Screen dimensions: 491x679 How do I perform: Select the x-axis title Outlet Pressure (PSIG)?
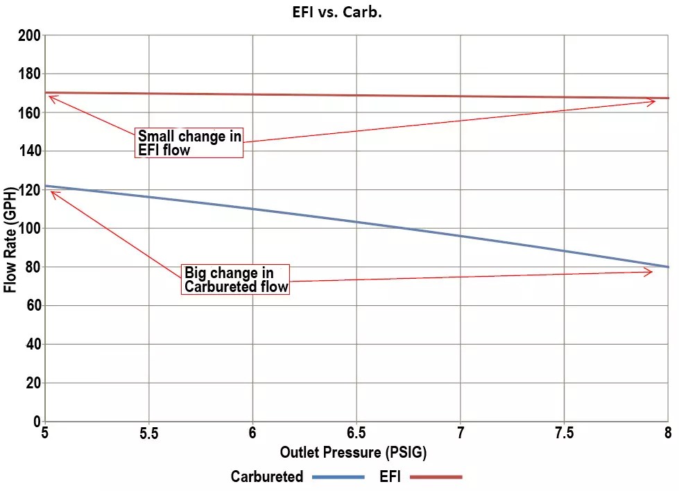tap(353, 453)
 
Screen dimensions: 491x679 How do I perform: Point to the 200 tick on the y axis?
tap(29, 35)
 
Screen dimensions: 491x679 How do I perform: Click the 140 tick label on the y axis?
tap(29, 151)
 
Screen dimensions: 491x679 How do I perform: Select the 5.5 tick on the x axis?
tap(148, 433)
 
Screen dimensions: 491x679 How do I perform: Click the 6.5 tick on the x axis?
tap(356, 433)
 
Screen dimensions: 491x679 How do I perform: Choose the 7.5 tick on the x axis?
tap(564, 433)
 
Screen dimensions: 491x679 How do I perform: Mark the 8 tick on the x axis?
tap(667, 433)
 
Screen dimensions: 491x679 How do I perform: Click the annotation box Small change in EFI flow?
tap(189, 143)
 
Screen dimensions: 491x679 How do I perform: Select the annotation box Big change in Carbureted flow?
tap(235, 279)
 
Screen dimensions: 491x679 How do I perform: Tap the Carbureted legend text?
tap(267, 476)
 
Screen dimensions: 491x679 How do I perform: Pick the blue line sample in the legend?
tap(338, 477)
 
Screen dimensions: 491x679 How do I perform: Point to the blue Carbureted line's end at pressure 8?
tap(668, 267)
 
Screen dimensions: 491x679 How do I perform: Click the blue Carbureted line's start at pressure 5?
tap(45, 186)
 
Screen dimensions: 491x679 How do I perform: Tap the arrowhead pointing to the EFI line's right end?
tap(652, 102)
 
